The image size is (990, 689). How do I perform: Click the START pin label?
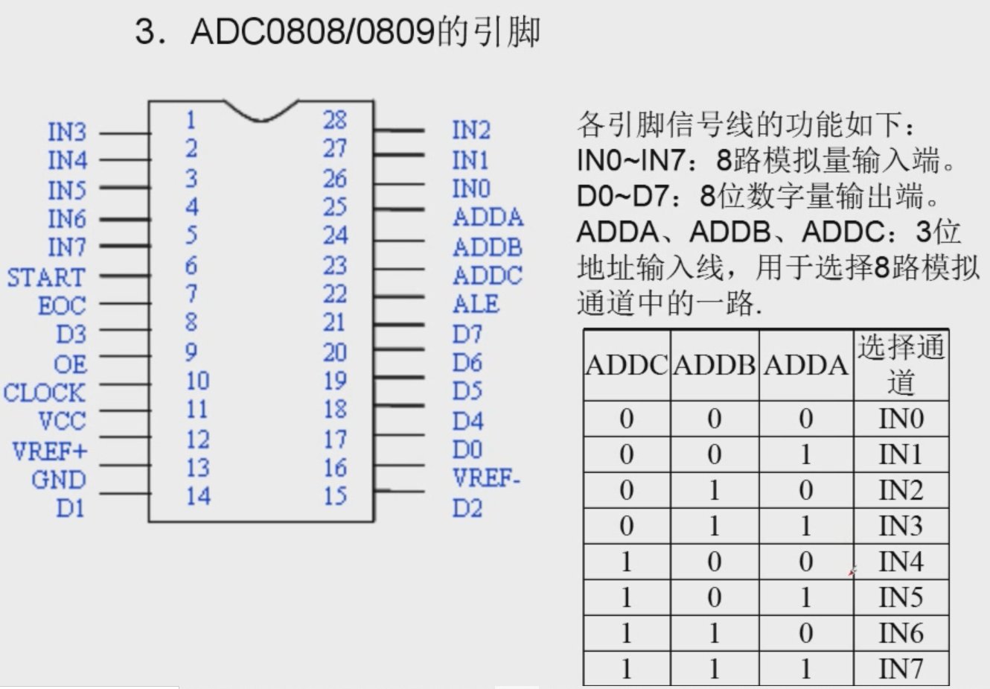click(46, 277)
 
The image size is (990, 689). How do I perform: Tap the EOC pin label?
click(62, 305)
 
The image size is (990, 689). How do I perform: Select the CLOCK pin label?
click(44, 393)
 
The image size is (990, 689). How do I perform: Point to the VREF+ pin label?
click(49, 451)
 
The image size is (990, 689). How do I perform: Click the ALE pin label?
click(476, 304)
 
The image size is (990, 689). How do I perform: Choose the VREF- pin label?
click(486, 477)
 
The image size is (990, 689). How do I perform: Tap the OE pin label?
click(70, 364)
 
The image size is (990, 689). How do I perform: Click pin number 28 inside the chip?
click(335, 119)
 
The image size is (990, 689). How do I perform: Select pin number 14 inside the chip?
click(197, 496)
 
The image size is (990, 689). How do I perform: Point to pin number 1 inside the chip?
click(191, 119)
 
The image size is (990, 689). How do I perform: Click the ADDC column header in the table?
click(627, 365)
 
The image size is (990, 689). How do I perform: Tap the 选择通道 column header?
click(901, 365)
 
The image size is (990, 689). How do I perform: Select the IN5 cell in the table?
click(901, 597)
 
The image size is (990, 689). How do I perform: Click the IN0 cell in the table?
click(901, 419)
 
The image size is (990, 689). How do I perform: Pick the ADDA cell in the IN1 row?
click(805, 454)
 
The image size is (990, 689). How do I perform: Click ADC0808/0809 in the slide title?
click(313, 32)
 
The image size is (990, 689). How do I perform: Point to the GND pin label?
click(59, 480)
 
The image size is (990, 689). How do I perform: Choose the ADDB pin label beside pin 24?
click(488, 247)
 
